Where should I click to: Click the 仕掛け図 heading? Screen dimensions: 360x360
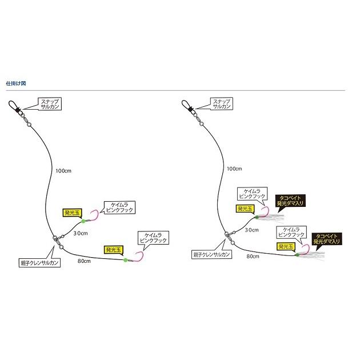point(16,83)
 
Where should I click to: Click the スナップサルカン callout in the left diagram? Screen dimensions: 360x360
point(50,104)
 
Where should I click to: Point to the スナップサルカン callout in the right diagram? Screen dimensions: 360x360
point(222,103)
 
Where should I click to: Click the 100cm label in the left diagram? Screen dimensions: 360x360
point(63,171)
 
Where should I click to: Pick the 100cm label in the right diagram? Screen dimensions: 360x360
point(234,169)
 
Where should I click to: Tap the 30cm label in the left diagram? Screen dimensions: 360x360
point(81,233)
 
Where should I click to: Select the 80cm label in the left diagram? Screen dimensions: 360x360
point(84,261)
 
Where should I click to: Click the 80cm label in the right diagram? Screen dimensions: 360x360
point(253,257)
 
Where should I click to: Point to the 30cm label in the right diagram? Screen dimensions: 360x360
point(251,230)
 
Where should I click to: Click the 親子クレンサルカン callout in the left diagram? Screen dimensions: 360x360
point(39,263)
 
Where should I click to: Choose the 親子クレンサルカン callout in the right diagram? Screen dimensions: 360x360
point(211,254)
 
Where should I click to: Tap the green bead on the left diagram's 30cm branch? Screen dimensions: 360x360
point(83,221)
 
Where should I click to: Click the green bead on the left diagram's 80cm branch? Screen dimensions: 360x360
point(125,260)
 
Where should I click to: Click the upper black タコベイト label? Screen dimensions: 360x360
point(290,201)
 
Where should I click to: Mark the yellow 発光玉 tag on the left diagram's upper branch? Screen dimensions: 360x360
point(72,213)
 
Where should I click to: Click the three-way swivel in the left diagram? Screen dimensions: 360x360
point(57,242)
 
